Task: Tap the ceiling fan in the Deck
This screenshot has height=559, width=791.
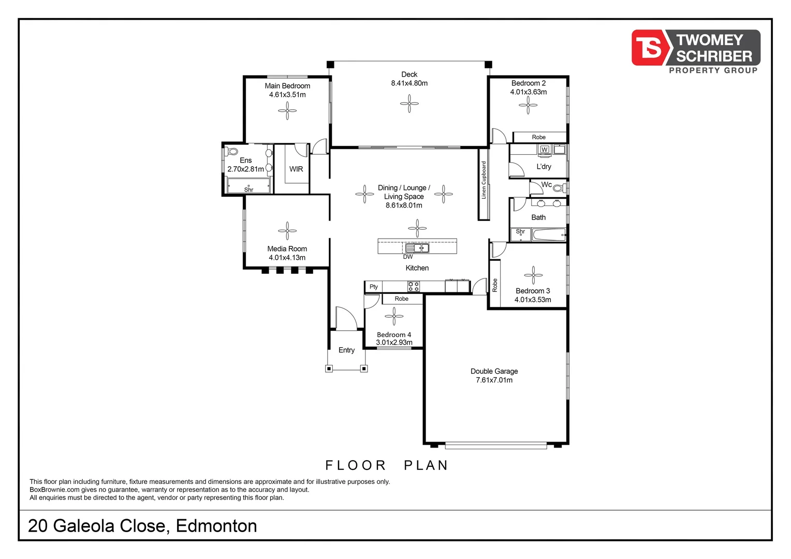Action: pyautogui.click(x=409, y=104)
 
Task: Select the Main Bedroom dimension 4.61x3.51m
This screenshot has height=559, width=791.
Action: pyautogui.click(x=287, y=95)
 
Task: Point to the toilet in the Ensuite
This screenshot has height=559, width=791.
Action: pyautogui.click(x=231, y=152)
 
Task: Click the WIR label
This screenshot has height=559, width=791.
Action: pyautogui.click(x=296, y=169)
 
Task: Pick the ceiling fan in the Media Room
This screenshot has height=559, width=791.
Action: pyautogui.click(x=287, y=231)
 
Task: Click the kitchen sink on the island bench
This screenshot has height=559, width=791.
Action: pyautogui.click(x=417, y=248)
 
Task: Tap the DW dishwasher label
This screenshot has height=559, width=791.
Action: pyautogui.click(x=408, y=257)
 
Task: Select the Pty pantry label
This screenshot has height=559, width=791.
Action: pyautogui.click(x=374, y=287)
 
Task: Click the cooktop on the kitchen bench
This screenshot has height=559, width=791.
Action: pyautogui.click(x=413, y=286)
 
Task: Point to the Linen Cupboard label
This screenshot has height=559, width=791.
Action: pyautogui.click(x=484, y=180)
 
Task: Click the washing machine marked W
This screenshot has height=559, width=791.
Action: pyautogui.click(x=544, y=150)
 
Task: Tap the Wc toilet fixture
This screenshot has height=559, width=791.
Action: pyautogui.click(x=559, y=188)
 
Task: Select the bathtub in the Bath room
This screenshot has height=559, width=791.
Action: pyautogui.click(x=549, y=236)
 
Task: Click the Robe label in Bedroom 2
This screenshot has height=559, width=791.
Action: pyautogui.click(x=538, y=137)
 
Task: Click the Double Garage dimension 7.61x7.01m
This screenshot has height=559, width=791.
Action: pyautogui.click(x=494, y=380)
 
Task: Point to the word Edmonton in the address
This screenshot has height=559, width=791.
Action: pyautogui.click(x=216, y=526)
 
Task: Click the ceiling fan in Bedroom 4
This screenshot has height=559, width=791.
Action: pyautogui.click(x=394, y=316)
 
